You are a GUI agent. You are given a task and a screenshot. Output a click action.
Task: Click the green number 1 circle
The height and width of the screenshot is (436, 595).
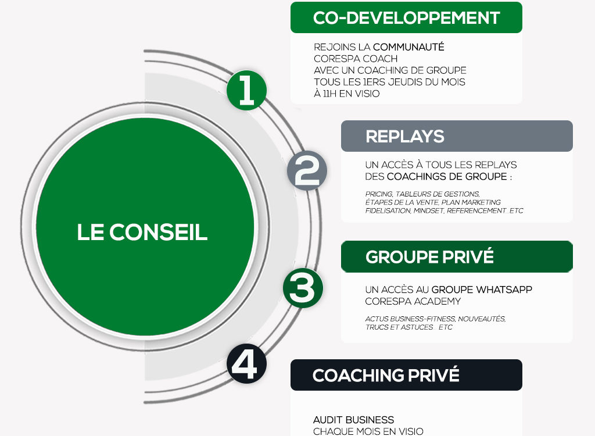pos(246,90)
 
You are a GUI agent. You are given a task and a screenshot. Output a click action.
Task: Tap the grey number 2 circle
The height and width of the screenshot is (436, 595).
pos(307,170)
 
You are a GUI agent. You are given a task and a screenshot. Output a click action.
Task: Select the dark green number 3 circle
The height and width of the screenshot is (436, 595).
pos(303,288)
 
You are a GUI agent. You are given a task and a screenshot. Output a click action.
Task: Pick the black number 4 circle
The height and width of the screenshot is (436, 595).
pos(246,363)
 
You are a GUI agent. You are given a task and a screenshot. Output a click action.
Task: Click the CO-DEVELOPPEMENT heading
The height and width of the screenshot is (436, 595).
pos(406,18)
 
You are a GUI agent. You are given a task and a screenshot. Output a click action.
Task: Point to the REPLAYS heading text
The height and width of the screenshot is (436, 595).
pos(405,137)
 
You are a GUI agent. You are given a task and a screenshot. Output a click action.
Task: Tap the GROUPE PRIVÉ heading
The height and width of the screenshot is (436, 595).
pos(429,256)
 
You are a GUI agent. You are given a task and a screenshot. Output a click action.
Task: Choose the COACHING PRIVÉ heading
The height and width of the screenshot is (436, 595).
pos(386,375)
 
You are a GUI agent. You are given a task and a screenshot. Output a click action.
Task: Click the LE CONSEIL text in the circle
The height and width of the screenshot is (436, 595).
pos(142,232)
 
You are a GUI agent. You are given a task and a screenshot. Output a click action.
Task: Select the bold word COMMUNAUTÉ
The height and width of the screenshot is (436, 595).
pos(408,47)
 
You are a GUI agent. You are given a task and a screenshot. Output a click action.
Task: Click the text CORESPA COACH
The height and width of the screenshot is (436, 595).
pos(356,59)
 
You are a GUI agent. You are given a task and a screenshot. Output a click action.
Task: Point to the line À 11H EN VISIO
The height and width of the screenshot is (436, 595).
pos(346,94)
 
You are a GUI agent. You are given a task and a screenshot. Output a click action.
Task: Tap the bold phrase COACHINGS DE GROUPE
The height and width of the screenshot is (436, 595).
pos(447,177)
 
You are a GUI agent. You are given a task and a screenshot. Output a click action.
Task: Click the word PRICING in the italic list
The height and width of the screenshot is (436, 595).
pos(379,194)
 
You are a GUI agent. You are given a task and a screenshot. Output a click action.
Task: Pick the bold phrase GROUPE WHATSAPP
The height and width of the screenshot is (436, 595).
pos(482,290)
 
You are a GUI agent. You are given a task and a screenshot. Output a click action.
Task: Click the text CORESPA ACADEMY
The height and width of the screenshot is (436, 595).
pos(413,302)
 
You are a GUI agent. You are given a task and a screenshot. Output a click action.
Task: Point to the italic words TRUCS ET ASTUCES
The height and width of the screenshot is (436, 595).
pos(399,327)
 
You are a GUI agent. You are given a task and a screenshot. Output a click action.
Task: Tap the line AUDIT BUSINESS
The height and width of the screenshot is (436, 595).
pos(353,420)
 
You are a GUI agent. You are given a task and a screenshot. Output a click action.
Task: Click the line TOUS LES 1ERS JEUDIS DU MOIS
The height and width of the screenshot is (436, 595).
pos(389,82)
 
